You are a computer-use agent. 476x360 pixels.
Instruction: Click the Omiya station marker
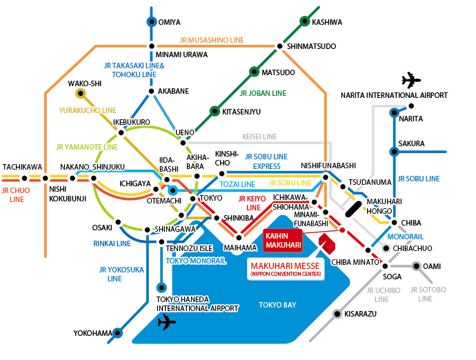coord(152,21)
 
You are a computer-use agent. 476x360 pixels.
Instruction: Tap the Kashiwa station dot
coord(304,21)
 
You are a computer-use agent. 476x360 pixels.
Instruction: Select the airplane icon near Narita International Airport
coord(410,79)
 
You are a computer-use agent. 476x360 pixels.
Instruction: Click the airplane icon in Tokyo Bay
coord(166,322)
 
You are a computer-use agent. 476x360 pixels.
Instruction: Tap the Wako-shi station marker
coord(81,92)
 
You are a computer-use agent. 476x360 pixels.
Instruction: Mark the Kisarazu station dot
coord(337,314)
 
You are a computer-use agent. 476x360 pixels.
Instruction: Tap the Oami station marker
coord(416,266)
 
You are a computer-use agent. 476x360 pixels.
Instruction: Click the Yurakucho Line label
coord(87,110)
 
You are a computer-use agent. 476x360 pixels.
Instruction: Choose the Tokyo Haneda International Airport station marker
coord(161,287)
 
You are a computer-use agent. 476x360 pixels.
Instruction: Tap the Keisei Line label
coord(259,137)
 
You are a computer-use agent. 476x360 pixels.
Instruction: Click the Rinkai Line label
coord(112,243)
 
